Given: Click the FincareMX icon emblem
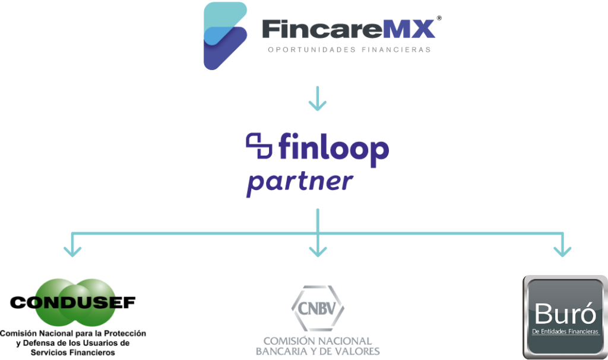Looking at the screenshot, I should click(x=225, y=36).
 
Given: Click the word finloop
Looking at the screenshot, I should click(x=332, y=149).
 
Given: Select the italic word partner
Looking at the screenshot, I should click(x=300, y=181).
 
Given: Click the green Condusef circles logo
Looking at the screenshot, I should click(x=75, y=302).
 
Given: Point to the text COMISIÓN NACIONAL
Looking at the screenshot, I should click(x=318, y=341).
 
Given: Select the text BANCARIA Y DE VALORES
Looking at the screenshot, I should click(x=318, y=351).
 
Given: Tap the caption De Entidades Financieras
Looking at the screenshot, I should click(x=566, y=331).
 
